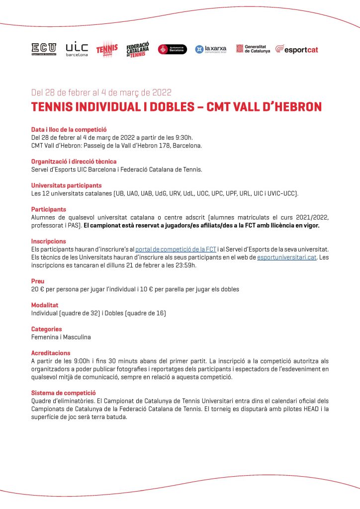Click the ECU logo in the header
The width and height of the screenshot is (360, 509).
(x=44, y=49)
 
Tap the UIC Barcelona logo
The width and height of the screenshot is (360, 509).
(x=77, y=49)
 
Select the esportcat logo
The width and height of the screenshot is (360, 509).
(x=296, y=49)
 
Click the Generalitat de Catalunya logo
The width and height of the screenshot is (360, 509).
(x=253, y=49)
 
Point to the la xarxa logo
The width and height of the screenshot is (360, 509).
(x=210, y=49)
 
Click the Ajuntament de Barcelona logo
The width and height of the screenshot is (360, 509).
(x=172, y=49)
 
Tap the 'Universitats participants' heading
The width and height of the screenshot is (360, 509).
(x=66, y=185)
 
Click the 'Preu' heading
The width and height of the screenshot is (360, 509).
(x=38, y=281)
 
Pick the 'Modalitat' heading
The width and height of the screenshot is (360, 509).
(x=45, y=305)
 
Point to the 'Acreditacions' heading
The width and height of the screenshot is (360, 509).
(x=51, y=352)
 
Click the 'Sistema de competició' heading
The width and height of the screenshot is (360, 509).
(x=63, y=392)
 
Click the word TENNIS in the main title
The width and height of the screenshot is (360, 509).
(x=54, y=107)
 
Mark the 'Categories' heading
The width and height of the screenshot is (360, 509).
(x=47, y=329)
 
